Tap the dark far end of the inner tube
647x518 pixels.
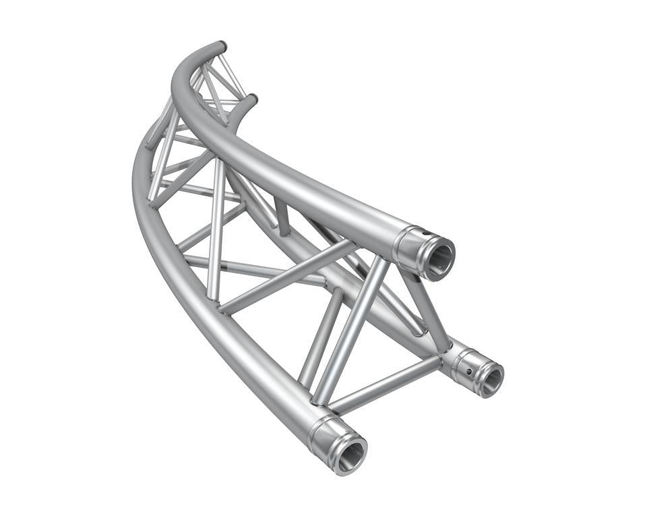pyautogui.click(x=252, y=100)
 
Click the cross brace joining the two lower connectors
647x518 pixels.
pyautogui.click(x=384, y=385)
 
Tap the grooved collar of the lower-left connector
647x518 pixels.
pyautogui.click(x=322, y=436)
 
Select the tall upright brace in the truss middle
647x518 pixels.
pyautogui.click(x=216, y=229)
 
